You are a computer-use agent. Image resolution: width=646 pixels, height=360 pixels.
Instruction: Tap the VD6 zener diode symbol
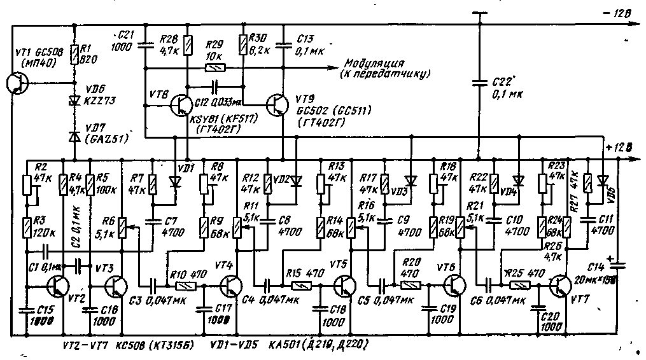[74, 100]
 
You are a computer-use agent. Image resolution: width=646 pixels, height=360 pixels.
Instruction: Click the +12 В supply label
[620, 148]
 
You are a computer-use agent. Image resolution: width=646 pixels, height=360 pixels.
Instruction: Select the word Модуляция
[375, 63]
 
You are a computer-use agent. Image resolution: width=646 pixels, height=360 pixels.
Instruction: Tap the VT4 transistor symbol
[231, 286]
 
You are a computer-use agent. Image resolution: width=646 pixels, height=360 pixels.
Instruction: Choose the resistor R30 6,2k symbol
[242, 45]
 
